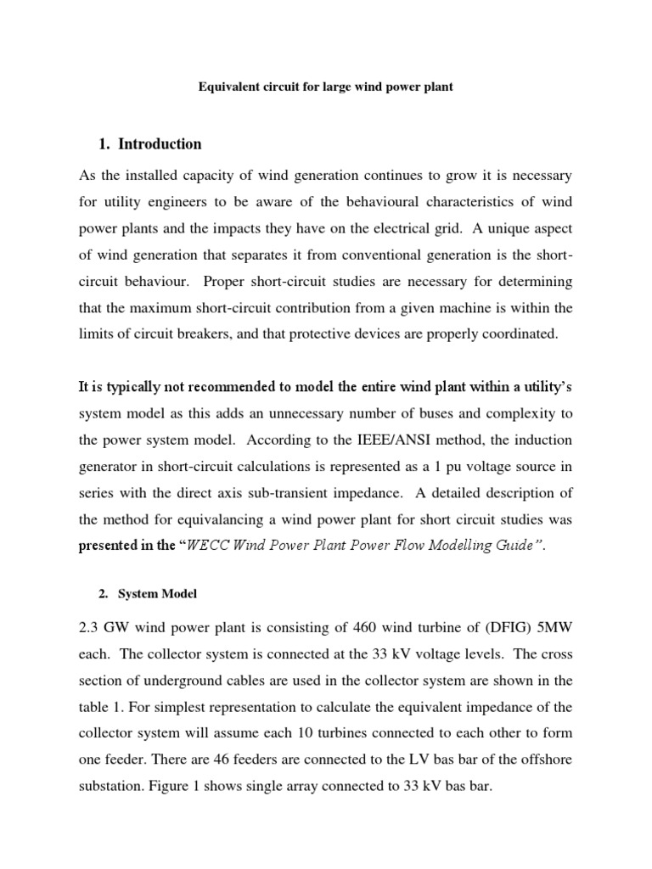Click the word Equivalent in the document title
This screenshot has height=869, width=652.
pyautogui.click(x=229, y=87)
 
